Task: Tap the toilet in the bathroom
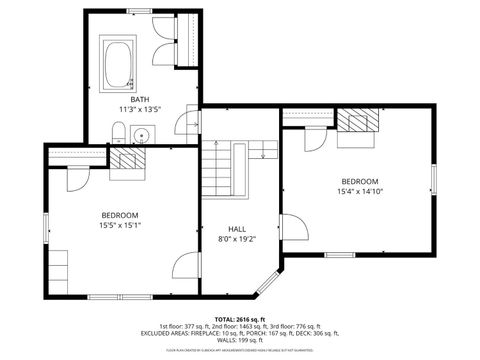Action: click(118, 132)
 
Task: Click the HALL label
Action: click(237, 228)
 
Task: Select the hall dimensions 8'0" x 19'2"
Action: click(237, 239)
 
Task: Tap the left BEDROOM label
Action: click(119, 215)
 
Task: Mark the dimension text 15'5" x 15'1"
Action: click(119, 226)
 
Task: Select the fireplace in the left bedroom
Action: click(127, 158)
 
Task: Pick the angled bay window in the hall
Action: click(268, 282)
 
